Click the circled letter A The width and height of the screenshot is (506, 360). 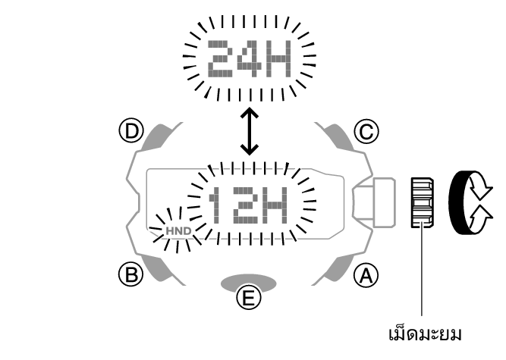pos(366,274)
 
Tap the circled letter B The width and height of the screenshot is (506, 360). pos(133,274)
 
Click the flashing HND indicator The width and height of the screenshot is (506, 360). pos(178,227)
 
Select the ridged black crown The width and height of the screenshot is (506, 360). pos(420,202)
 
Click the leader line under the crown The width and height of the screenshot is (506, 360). pos(420,273)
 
